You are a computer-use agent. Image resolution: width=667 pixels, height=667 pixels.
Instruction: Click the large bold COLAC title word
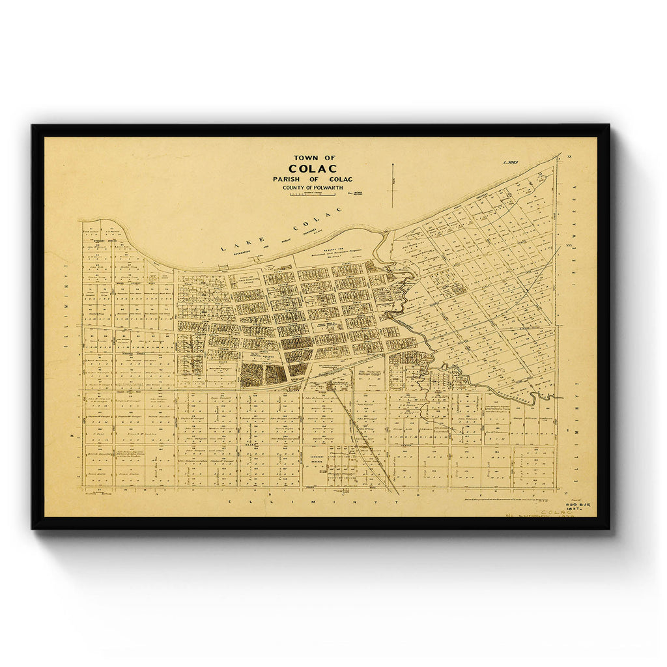pos(313,168)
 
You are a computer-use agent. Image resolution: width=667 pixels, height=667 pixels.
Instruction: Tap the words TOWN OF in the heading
pos(314,157)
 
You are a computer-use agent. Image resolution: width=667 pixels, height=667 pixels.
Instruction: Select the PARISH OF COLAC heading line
pos(313,179)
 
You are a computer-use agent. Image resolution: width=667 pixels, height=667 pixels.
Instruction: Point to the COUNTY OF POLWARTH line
pos(313,188)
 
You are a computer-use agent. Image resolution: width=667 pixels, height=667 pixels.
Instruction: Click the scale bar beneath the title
pos(312,195)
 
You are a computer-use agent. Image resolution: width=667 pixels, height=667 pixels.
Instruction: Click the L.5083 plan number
pos(510,162)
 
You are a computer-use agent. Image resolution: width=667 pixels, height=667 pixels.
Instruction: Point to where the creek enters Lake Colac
pos(384,232)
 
